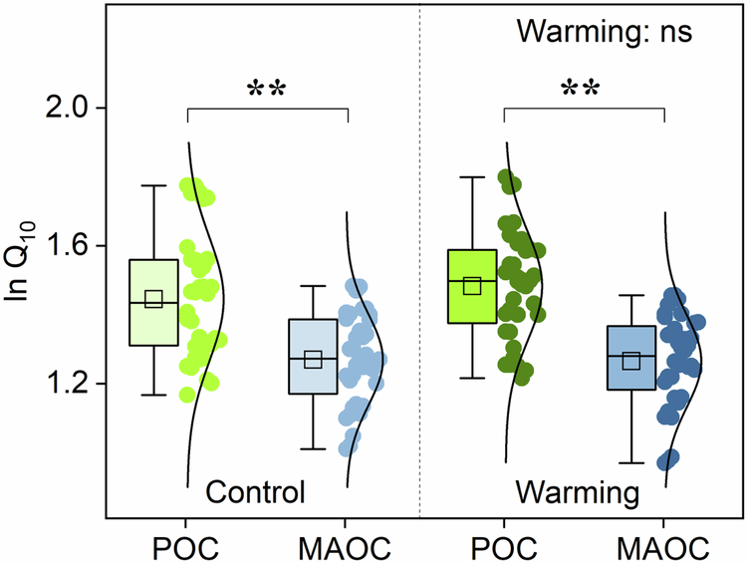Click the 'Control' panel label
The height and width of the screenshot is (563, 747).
254,493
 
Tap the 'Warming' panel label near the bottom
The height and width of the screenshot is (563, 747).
577,493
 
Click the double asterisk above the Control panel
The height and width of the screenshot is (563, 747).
267,91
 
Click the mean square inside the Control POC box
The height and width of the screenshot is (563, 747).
152,299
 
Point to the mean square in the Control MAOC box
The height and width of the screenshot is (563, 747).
313,360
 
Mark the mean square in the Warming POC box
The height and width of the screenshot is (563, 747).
472,286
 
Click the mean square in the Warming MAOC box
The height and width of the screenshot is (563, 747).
631,360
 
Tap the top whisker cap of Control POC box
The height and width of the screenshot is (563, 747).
152,185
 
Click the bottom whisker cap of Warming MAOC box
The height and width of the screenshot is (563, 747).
631,463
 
